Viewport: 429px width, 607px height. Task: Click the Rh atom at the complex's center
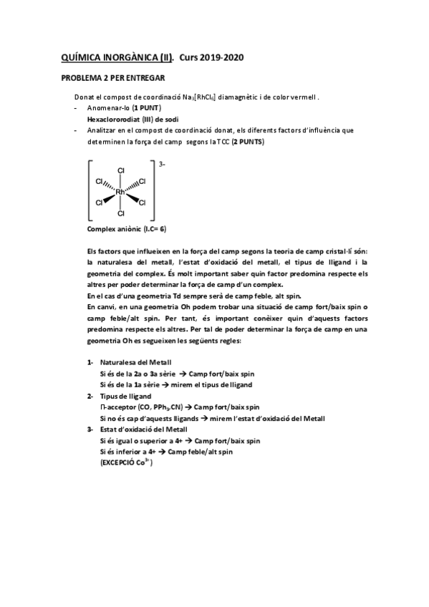(x=120, y=192)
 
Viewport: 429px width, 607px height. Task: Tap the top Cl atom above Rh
(x=120, y=170)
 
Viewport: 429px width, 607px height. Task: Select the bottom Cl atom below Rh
(x=120, y=213)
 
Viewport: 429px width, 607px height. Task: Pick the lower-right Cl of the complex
(x=142, y=203)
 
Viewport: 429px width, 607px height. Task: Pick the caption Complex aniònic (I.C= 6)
(x=126, y=229)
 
